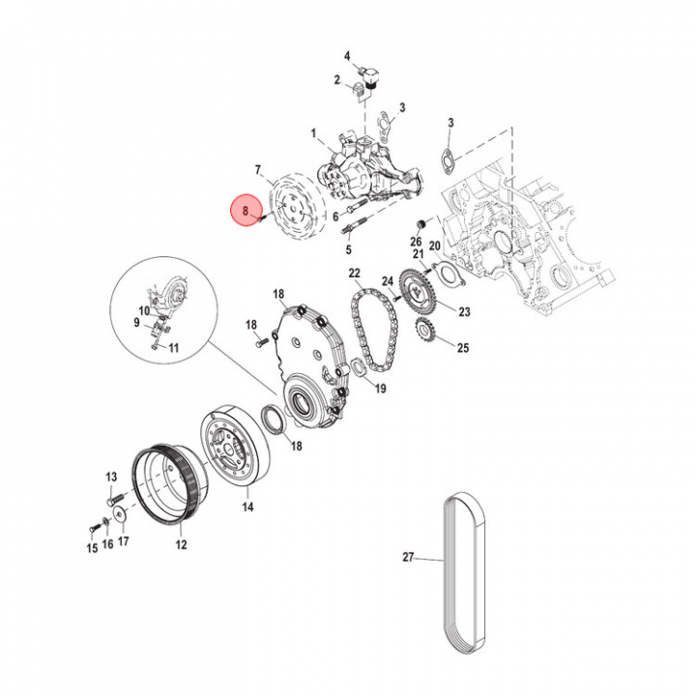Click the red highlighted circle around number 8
246,211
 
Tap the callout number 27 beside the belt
408,557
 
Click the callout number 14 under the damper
247,507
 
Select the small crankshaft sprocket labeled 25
425,331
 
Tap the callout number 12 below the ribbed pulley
181,544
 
